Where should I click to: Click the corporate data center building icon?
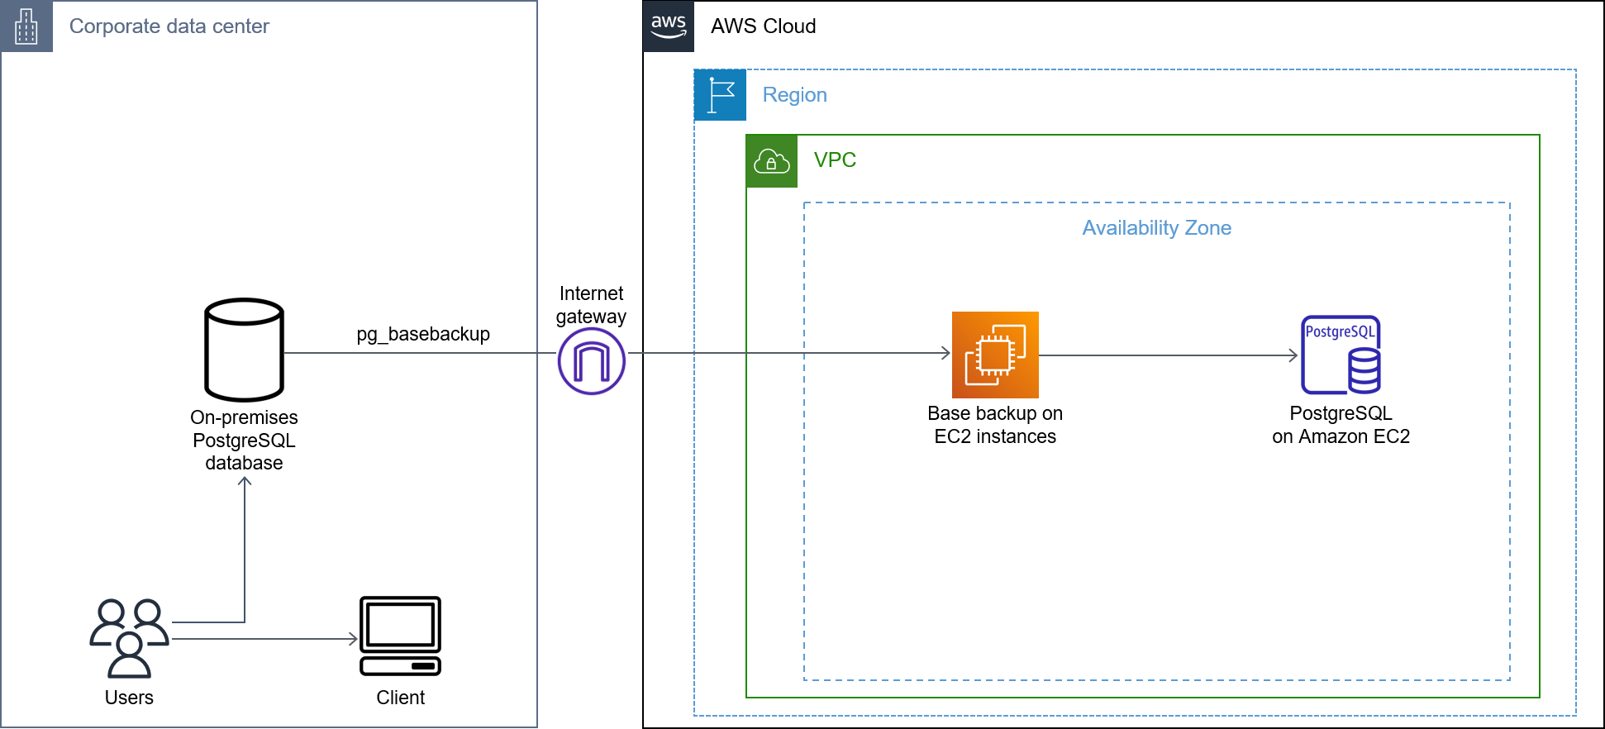pos(26,26)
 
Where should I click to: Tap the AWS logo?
pos(668,26)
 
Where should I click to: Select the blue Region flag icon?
pos(720,95)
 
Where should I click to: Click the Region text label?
pos(794,95)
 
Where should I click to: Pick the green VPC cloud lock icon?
pos(771,161)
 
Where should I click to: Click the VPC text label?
pos(835,160)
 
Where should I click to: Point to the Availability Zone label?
pos(1156,228)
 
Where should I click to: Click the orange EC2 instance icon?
pos(995,355)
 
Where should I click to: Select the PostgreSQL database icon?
pos(1340,355)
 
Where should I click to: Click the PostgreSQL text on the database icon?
pos(1339,331)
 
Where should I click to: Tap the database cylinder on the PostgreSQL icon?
pos(1364,370)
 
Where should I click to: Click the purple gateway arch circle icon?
pos(591,361)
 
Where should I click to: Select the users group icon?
pos(130,637)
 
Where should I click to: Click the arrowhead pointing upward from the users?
pos(245,480)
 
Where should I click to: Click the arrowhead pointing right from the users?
pos(354,639)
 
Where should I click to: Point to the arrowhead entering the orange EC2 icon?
pos(946,353)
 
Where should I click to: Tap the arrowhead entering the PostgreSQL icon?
pos(1294,355)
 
